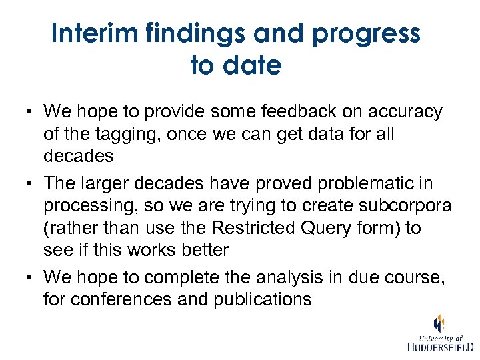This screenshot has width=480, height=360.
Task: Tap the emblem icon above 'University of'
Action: (x=439, y=323)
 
